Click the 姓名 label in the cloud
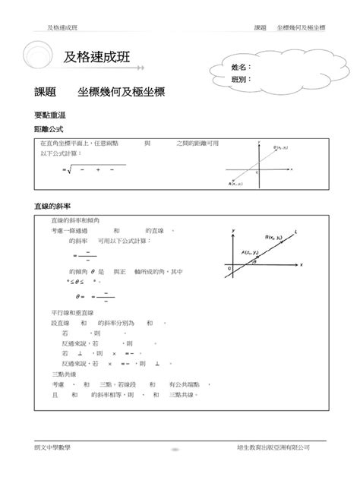239,68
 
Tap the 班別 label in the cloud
239,79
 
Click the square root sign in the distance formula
69,169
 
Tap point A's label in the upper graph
237,183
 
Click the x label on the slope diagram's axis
302,264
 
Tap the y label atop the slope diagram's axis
232,229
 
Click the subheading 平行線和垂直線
73,312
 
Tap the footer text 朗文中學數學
54,448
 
